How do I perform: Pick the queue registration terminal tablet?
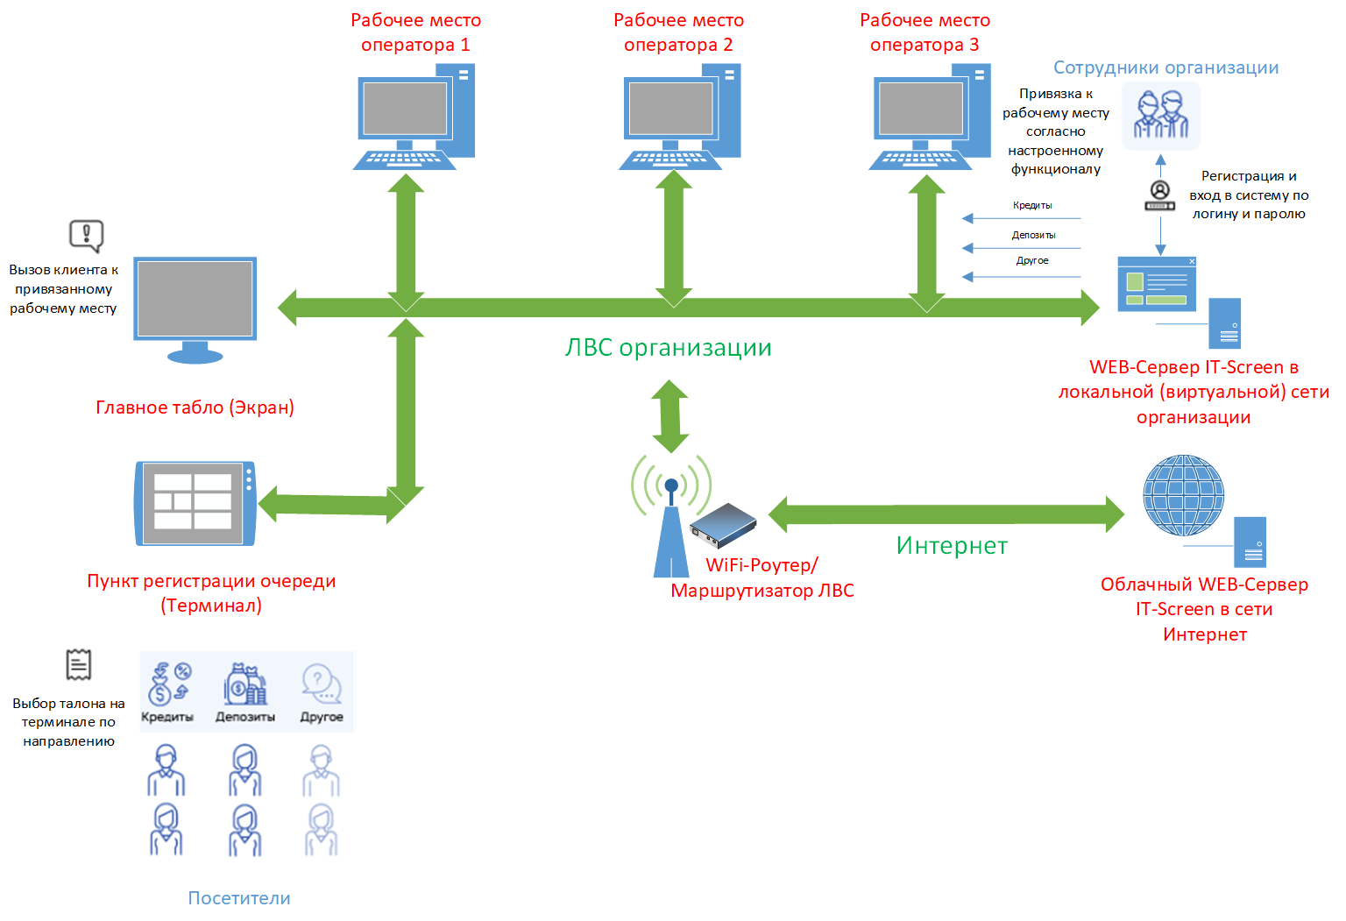[x=195, y=503]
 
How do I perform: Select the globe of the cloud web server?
[x=1183, y=495]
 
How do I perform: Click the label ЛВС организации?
[x=669, y=348]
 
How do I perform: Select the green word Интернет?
[x=952, y=546]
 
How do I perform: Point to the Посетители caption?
[x=239, y=898]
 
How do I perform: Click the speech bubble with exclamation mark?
[x=87, y=235]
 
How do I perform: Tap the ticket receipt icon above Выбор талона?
[x=79, y=664]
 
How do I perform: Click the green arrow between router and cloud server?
[x=946, y=514]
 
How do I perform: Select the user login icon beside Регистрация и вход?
[x=1160, y=195]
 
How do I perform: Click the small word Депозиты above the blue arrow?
[x=1033, y=235]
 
